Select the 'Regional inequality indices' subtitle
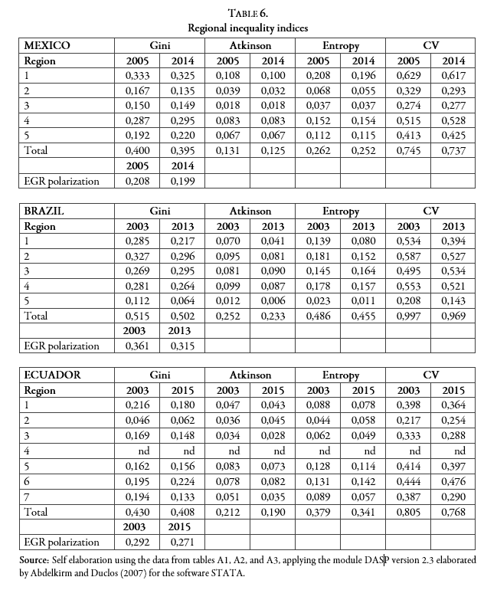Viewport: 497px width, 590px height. click(248, 28)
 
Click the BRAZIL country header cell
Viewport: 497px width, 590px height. click(44, 209)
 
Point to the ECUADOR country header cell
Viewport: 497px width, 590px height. click(51, 375)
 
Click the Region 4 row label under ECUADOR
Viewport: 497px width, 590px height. click(27, 451)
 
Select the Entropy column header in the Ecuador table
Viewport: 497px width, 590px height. click(341, 375)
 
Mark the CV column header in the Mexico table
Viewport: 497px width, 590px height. click(431, 46)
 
